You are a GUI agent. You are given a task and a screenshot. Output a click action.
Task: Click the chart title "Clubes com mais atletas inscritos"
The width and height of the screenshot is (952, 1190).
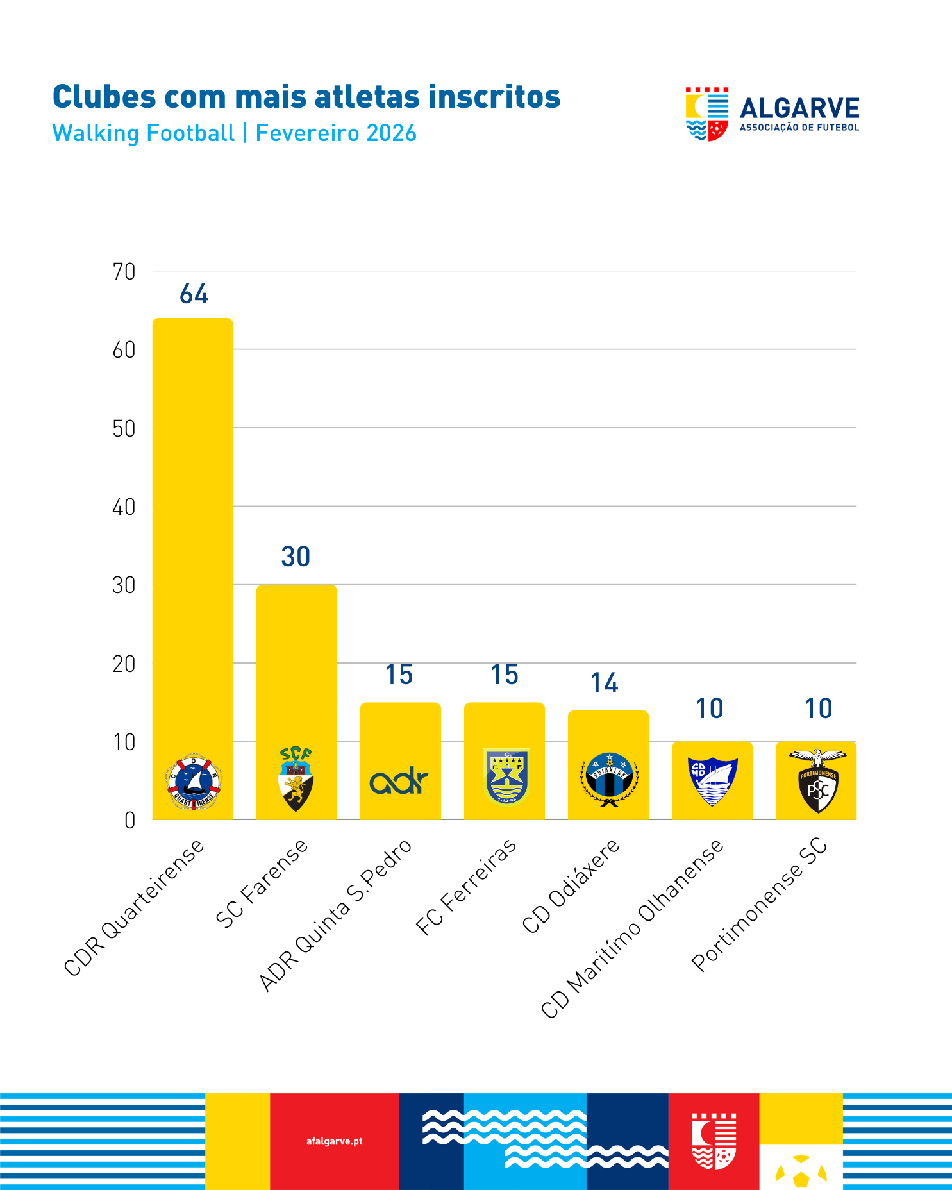coord(306,97)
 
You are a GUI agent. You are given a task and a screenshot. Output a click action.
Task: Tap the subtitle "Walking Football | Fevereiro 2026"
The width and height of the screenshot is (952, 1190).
coord(234,133)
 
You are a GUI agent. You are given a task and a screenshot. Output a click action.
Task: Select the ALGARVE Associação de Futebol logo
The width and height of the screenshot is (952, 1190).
coord(772,114)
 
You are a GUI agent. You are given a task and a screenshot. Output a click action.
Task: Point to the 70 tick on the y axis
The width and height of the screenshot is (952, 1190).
coord(124,272)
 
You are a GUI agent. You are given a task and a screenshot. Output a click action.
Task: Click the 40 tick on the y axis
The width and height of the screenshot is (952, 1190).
coord(124,507)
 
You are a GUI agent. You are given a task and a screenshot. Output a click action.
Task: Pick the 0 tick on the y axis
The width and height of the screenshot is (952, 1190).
coord(129,821)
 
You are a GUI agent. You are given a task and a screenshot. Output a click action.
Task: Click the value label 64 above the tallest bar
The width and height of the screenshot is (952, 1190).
coord(194,294)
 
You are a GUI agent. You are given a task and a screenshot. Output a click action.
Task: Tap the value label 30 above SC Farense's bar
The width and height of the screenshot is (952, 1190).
coord(296,557)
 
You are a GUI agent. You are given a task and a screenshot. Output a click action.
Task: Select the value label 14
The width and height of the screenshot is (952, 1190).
coord(604,683)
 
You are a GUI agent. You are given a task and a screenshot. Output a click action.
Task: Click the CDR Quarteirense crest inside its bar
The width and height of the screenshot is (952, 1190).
coord(193,782)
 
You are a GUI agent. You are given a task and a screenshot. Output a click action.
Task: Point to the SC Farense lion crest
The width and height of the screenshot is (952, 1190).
coord(296,779)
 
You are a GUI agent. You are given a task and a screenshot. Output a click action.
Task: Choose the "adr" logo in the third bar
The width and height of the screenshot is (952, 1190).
coord(399,782)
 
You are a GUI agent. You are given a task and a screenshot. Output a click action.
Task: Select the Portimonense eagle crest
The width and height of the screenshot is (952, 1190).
coord(817,780)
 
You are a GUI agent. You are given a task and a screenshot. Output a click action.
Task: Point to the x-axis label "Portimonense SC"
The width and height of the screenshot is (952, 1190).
coord(760,905)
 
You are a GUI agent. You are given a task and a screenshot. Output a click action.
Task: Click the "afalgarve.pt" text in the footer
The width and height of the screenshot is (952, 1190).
coord(334,1141)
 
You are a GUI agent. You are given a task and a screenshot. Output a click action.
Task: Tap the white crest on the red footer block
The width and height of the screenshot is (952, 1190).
coord(714,1141)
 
